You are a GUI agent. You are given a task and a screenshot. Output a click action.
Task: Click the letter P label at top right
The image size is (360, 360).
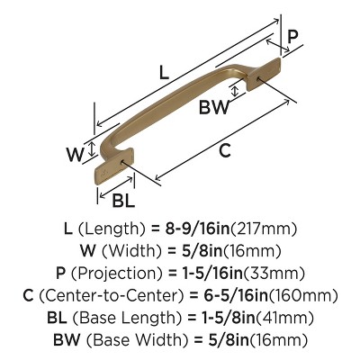click(293, 37)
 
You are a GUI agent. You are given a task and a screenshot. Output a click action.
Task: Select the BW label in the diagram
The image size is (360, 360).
click(214, 109)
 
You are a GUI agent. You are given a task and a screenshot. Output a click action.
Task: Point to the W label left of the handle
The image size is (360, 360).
click(75, 153)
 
